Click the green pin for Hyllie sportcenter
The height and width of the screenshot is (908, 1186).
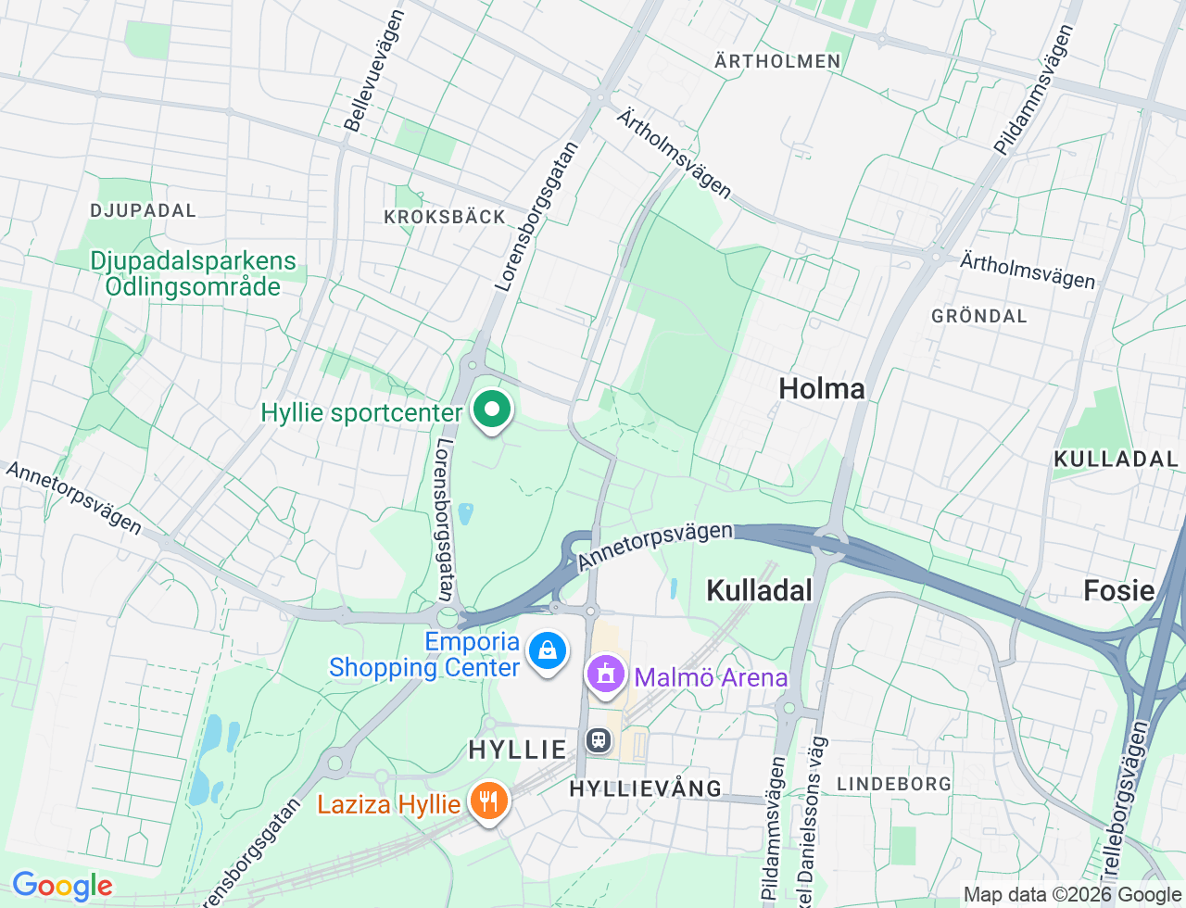click(492, 410)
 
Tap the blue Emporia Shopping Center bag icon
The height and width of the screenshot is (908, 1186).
click(548, 651)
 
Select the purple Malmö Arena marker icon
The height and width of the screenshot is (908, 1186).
click(606, 675)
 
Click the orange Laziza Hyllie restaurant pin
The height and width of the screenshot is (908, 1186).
click(488, 801)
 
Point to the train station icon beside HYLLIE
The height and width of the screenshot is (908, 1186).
click(599, 740)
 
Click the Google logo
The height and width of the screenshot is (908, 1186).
click(62, 887)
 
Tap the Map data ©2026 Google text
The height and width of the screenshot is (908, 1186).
click(1072, 895)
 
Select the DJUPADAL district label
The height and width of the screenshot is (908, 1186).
click(144, 210)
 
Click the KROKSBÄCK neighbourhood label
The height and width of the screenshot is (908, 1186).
click(445, 217)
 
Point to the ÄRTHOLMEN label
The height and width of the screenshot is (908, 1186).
click(777, 61)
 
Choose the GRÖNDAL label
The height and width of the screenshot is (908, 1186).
click(979, 316)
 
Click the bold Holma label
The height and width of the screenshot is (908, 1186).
click(822, 388)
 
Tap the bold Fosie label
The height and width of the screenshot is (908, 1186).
click(1118, 590)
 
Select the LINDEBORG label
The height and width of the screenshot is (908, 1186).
click(893, 784)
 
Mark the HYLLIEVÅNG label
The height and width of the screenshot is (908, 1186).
click(645, 788)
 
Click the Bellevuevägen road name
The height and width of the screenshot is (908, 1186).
click(374, 71)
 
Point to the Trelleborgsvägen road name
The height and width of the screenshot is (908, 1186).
click(1125, 797)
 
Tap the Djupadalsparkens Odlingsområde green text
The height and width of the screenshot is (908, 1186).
click(193, 273)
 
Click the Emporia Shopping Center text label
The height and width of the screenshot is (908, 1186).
click(424, 654)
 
